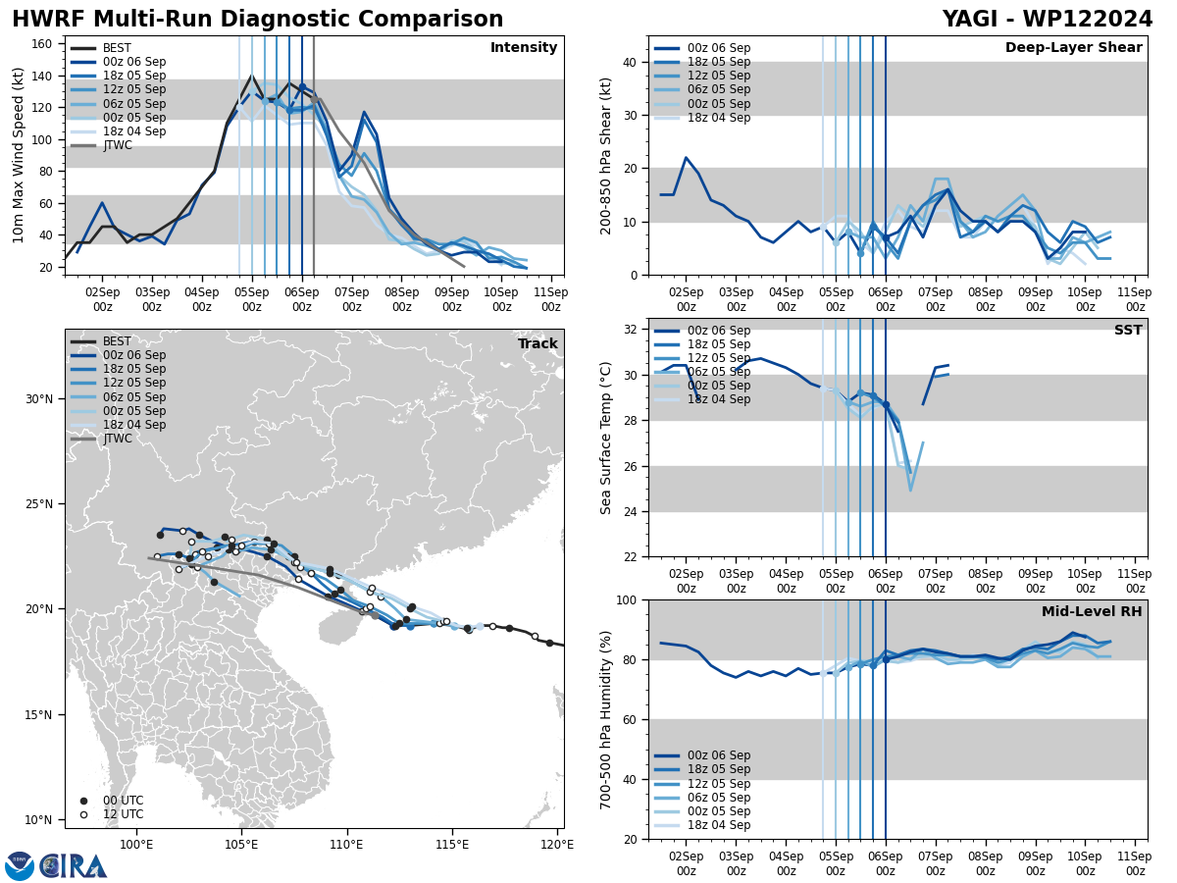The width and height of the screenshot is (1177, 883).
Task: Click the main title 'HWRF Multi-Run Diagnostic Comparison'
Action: (x=257, y=20)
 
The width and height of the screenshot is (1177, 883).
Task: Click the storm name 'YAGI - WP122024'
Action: (x=1047, y=20)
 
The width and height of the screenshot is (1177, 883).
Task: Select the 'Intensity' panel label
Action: (x=523, y=48)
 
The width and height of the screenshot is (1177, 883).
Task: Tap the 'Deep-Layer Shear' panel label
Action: (x=1073, y=48)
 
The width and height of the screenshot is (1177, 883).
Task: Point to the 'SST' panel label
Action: (x=1127, y=331)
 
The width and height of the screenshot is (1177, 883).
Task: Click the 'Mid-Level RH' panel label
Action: (x=1091, y=612)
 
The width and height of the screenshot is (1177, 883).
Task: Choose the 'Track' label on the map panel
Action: (x=537, y=344)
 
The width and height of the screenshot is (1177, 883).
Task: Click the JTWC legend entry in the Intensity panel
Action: (x=117, y=145)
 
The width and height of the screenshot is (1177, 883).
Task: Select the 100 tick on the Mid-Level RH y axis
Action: (x=629, y=600)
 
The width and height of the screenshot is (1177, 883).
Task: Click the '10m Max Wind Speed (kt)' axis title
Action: (x=19, y=155)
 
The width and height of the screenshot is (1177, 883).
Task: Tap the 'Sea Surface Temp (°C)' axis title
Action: (x=607, y=438)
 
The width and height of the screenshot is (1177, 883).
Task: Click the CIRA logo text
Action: (x=74, y=865)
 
